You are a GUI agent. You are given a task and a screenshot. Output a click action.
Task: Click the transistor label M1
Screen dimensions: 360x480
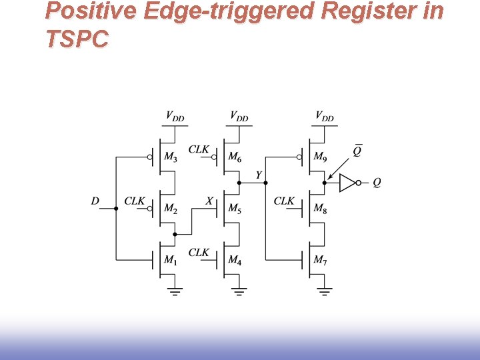(x=171, y=259)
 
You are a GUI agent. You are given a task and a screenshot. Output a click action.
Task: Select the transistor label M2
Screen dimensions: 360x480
(x=171, y=209)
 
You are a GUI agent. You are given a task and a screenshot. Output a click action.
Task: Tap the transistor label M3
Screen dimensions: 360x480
(x=171, y=158)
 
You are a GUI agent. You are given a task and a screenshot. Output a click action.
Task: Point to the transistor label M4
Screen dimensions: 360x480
(x=235, y=259)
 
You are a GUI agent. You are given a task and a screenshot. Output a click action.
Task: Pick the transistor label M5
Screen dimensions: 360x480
(x=235, y=209)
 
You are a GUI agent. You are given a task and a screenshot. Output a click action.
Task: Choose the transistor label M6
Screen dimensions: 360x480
(x=235, y=158)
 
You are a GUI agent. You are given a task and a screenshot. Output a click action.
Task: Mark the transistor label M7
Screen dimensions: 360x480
(x=320, y=259)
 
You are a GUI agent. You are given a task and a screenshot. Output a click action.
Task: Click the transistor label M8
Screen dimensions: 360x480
(x=320, y=209)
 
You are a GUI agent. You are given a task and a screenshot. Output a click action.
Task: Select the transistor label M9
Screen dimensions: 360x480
(x=320, y=158)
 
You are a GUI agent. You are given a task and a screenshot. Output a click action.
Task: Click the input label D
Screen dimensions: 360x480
(x=95, y=201)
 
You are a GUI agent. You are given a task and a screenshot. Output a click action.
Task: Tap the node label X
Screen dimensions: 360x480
(x=209, y=201)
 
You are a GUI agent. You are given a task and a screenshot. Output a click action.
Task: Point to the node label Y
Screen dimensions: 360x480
(x=259, y=175)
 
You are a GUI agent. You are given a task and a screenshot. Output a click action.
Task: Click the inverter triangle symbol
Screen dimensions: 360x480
(x=347, y=182)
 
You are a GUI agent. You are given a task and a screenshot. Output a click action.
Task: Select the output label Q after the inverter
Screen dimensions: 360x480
(x=377, y=182)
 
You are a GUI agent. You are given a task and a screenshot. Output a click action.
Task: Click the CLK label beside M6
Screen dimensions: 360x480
(x=199, y=149)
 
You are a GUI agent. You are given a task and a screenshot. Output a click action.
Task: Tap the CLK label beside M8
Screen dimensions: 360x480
(x=284, y=201)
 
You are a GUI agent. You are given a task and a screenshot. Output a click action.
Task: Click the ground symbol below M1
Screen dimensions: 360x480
(x=175, y=291)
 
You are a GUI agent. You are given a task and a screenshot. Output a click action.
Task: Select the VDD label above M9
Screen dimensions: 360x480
(x=325, y=117)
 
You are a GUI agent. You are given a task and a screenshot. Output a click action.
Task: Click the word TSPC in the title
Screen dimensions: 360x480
(x=77, y=40)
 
